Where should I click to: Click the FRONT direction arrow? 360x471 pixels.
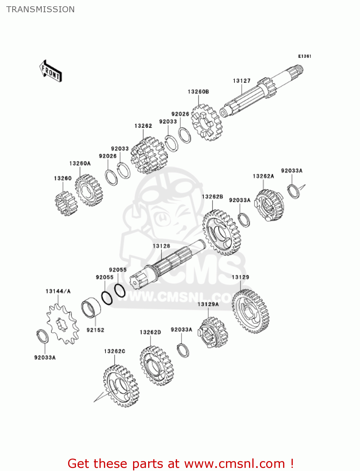(51, 71)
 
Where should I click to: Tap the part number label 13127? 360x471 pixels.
(241, 81)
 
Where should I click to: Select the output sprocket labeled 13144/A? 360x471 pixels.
(62, 324)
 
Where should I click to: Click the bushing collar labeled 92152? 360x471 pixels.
(91, 307)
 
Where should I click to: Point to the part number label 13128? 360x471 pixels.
(161, 246)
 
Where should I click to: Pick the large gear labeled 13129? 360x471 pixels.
(250, 311)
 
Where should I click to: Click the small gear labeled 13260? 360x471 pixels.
(66, 203)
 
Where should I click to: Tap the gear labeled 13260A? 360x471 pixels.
(89, 190)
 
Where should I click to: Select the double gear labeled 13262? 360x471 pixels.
(149, 155)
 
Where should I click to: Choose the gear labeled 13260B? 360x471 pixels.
(207, 122)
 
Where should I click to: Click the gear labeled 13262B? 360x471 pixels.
(221, 232)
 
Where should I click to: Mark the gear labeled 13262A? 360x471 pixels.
(269, 205)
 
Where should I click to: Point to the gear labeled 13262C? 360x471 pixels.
(121, 386)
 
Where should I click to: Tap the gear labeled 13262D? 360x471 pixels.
(157, 366)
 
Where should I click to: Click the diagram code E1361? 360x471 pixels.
(304, 56)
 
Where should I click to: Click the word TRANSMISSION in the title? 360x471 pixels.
(40, 9)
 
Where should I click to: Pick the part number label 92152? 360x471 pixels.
(95, 330)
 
